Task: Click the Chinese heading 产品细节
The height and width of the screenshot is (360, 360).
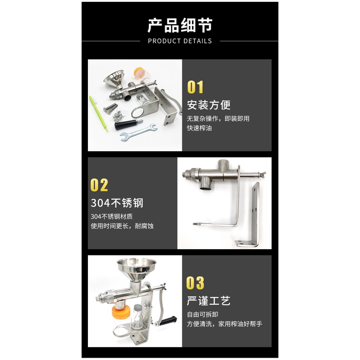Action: (180, 25)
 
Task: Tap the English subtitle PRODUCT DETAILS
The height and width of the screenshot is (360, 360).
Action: (180, 41)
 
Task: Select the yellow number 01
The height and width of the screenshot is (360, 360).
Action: (195, 87)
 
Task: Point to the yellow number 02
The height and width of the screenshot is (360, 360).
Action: (99, 185)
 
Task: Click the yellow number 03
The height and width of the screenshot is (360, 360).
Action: (195, 283)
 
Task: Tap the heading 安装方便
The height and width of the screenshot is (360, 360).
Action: (209, 105)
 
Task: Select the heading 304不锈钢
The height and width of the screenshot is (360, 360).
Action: (117, 203)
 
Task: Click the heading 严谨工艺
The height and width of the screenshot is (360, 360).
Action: (208, 300)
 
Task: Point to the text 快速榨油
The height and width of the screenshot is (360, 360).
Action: (199, 128)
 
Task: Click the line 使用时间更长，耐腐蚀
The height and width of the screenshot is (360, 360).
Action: (122, 226)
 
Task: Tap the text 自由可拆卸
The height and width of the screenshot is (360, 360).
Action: (202, 314)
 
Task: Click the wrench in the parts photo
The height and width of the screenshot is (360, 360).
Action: (139, 132)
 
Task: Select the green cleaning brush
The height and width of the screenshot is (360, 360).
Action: (98, 114)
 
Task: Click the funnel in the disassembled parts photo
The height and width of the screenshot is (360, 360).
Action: (114, 79)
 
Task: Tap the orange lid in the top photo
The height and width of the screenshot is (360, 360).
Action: (138, 70)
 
